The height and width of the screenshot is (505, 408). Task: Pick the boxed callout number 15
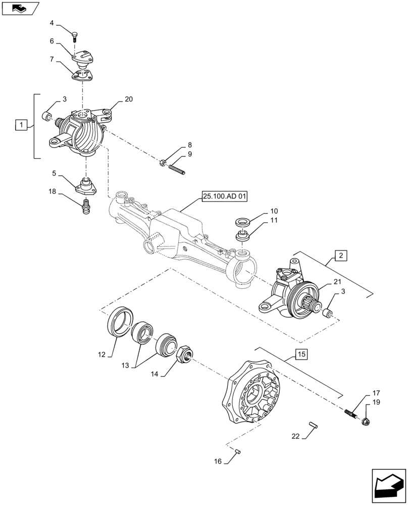point(300,355)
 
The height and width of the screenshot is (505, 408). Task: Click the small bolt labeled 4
point(75,36)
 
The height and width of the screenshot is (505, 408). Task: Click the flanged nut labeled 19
point(365,419)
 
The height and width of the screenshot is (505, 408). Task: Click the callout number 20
point(128,99)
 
